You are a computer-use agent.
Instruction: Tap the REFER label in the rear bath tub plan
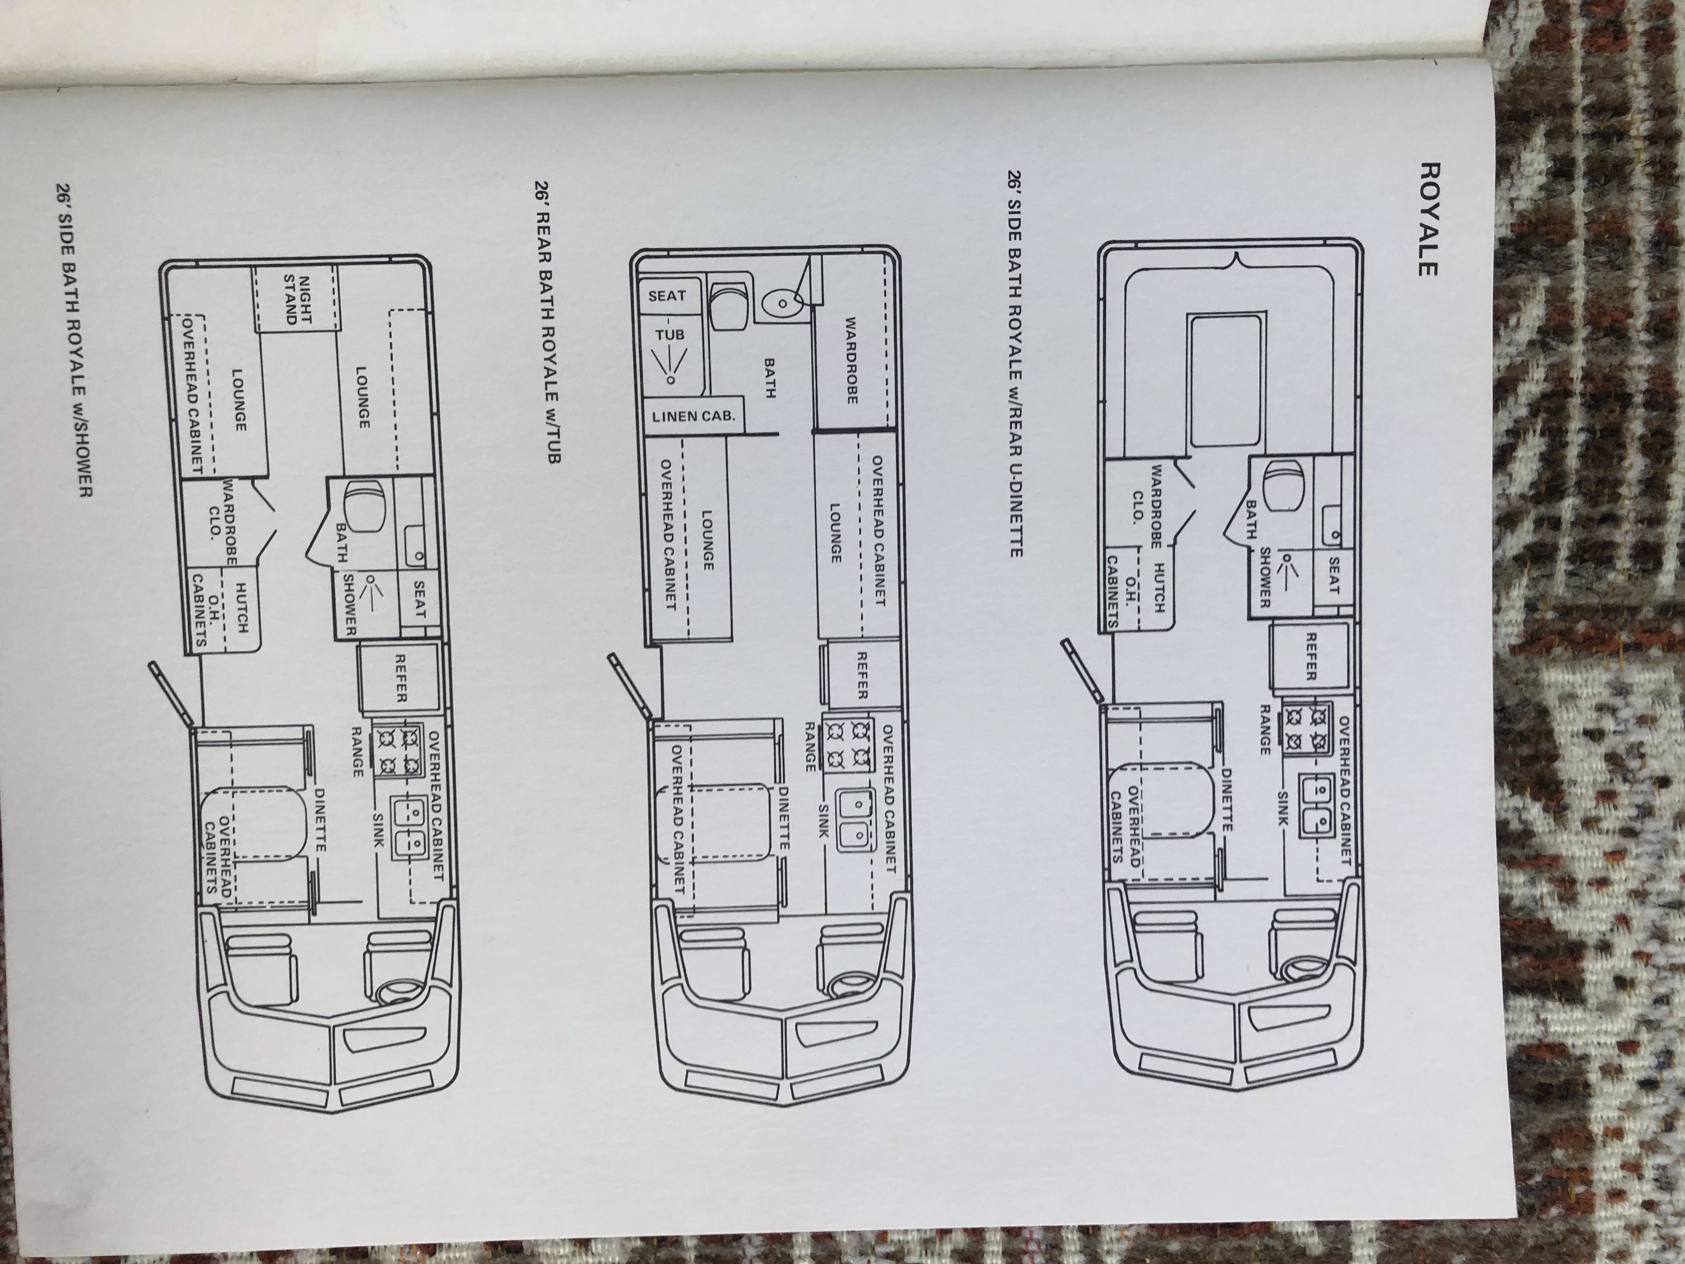[x=861, y=675]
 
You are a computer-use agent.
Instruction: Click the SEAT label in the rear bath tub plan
[x=667, y=296]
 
